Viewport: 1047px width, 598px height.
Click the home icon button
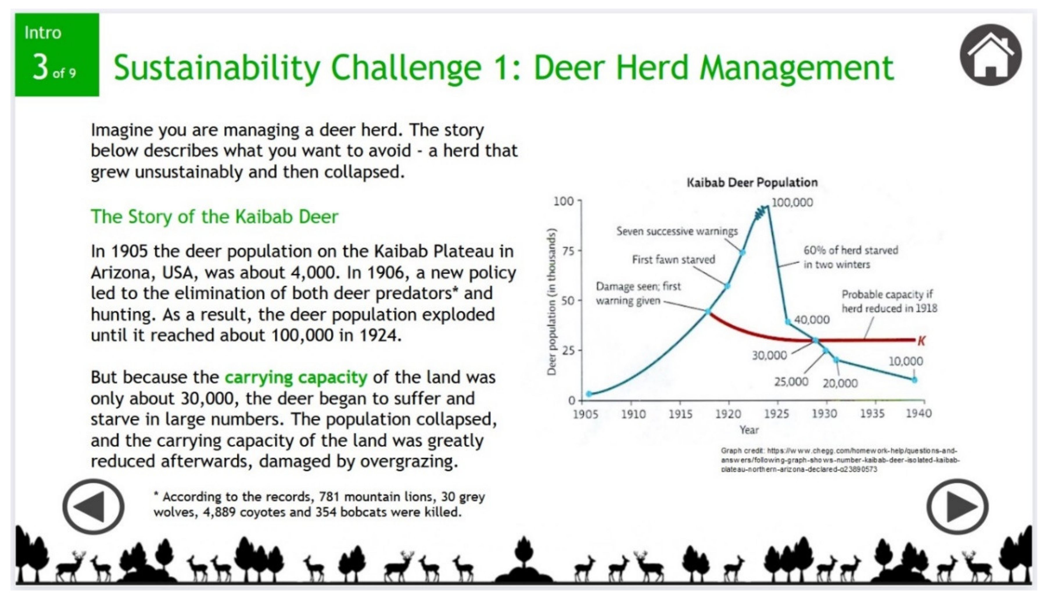(990, 55)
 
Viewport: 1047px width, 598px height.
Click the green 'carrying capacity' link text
(296, 377)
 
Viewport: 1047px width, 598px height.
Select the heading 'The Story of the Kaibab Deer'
(214, 216)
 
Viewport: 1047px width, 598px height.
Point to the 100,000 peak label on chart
(792, 202)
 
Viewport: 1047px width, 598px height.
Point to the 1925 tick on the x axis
(776, 414)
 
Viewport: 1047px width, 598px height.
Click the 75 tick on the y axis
(568, 251)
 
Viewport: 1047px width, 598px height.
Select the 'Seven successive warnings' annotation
(677, 231)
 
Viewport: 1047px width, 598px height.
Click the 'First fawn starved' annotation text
(673, 260)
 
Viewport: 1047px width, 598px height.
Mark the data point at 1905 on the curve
(589, 394)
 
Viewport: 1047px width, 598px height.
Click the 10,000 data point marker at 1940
(914, 380)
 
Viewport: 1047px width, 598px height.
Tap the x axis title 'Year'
(749, 430)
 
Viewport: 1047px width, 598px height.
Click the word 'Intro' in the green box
(43, 33)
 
